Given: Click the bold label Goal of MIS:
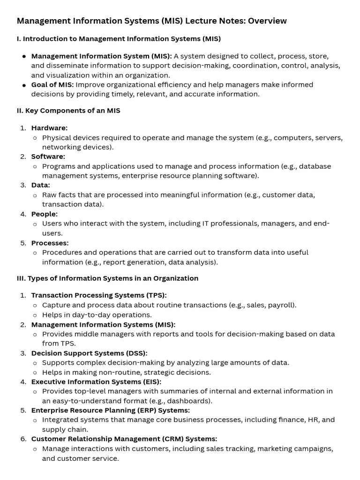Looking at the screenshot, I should coord(52,85).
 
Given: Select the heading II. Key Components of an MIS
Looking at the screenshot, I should coord(68,111).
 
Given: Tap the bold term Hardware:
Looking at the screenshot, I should coord(49,128).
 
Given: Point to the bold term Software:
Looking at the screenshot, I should coord(48,157).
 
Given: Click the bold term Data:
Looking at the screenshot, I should coord(41,185).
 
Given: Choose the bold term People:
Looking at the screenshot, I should coord(45,214).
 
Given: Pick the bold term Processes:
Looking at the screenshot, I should coord(50,243).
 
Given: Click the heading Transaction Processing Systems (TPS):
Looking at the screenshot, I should coord(99,295).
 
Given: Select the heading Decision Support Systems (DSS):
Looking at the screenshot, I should coord(89,353).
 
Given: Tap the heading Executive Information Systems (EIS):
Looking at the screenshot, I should coord(96,382).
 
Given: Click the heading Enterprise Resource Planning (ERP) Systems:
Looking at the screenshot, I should coord(111,410).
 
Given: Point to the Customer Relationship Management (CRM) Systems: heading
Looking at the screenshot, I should coord(124,439).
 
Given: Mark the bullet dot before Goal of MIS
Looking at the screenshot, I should coord(24,85).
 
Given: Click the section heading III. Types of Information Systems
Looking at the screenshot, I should coord(107,278).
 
